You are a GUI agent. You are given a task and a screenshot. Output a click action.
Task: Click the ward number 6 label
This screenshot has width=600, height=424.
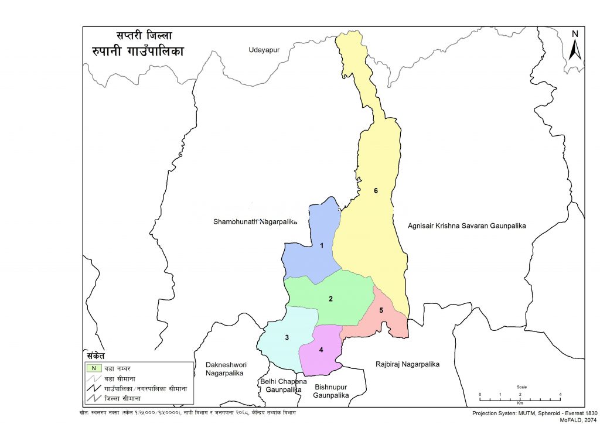[376, 191]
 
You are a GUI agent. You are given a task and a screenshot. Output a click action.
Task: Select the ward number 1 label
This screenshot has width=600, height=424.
[322, 246]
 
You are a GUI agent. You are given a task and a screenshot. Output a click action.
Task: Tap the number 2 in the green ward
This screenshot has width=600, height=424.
[330, 299]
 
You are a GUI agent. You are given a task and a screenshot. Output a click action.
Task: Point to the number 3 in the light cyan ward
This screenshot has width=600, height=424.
[287, 337]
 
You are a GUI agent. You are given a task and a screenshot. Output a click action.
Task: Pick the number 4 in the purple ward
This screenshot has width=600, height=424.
[321, 350]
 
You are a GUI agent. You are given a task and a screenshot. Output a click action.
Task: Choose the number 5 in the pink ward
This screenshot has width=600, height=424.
[381, 310]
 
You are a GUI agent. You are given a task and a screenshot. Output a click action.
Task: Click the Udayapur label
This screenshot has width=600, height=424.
[261, 51]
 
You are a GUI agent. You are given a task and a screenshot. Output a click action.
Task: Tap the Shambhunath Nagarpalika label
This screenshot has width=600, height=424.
[255, 222]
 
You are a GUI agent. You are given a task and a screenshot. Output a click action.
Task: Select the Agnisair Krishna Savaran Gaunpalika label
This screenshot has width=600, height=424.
[467, 225]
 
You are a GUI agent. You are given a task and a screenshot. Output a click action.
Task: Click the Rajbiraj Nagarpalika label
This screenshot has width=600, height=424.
[407, 364]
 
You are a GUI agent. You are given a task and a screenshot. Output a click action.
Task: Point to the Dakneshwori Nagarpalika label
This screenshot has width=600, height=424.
[226, 368]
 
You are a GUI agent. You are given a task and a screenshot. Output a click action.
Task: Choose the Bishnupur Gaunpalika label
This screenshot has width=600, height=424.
[332, 391]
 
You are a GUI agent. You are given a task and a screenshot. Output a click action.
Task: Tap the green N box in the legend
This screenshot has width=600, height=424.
[93, 368]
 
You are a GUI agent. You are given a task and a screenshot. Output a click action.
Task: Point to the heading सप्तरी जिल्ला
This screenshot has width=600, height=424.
[136, 36]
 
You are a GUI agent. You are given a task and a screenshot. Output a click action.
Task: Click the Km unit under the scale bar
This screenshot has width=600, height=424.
[520, 403]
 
